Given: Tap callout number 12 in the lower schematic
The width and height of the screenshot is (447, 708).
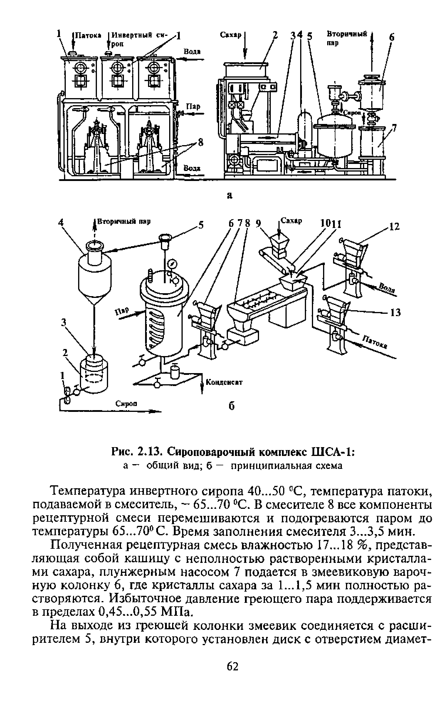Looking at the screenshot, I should tap(394, 227).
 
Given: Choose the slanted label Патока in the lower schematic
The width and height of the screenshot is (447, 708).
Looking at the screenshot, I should tap(375, 342).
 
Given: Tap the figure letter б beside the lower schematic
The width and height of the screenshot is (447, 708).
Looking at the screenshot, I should tap(232, 406).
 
